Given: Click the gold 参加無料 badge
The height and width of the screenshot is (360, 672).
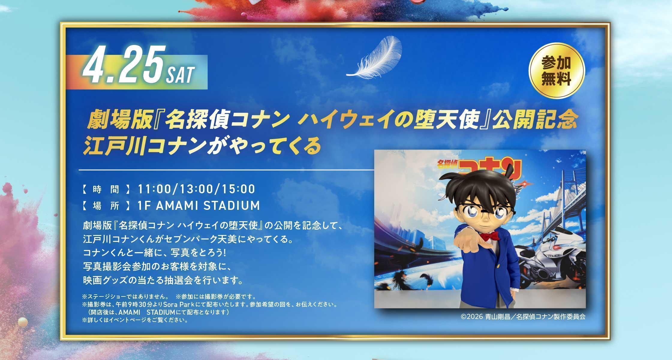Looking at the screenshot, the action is [556, 71].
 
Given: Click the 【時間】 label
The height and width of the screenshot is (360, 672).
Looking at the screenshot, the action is [106, 189].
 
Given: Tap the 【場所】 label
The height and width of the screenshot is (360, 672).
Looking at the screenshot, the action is [106, 206].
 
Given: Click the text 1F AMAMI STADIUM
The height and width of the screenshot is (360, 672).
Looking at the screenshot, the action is [199, 206].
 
